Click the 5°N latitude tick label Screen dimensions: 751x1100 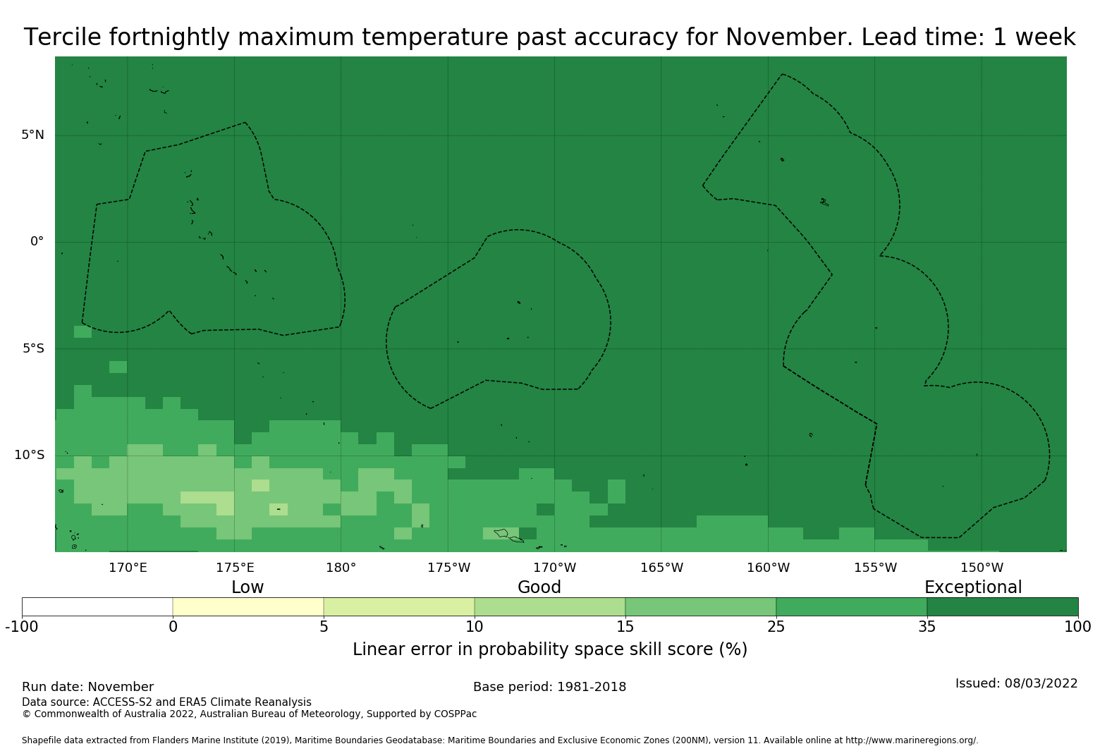point(32,135)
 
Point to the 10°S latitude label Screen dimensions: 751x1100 point(29,455)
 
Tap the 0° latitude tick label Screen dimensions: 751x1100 point(37,241)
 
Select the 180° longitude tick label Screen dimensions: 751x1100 point(341,568)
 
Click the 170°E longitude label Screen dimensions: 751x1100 point(128,568)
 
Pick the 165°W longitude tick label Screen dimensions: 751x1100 point(661,568)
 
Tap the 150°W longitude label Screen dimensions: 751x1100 point(982,568)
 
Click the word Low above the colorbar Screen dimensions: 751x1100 point(248,587)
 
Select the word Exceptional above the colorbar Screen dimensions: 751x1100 point(972,587)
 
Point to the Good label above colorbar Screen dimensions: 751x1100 point(539,587)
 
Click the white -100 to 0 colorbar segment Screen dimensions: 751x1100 point(97,606)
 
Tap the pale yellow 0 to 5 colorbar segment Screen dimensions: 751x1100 point(248,606)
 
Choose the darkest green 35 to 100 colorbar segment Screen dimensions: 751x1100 point(1002,606)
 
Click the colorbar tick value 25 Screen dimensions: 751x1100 point(776,626)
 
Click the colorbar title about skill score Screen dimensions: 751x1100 point(550,649)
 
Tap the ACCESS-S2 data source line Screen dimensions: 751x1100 point(166,702)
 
